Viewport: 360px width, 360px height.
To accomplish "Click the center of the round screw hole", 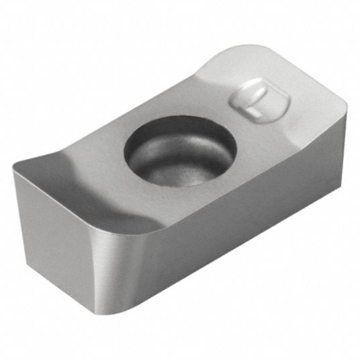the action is tap(180, 151).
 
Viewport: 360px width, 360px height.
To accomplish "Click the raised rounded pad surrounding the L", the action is tap(259, 101).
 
